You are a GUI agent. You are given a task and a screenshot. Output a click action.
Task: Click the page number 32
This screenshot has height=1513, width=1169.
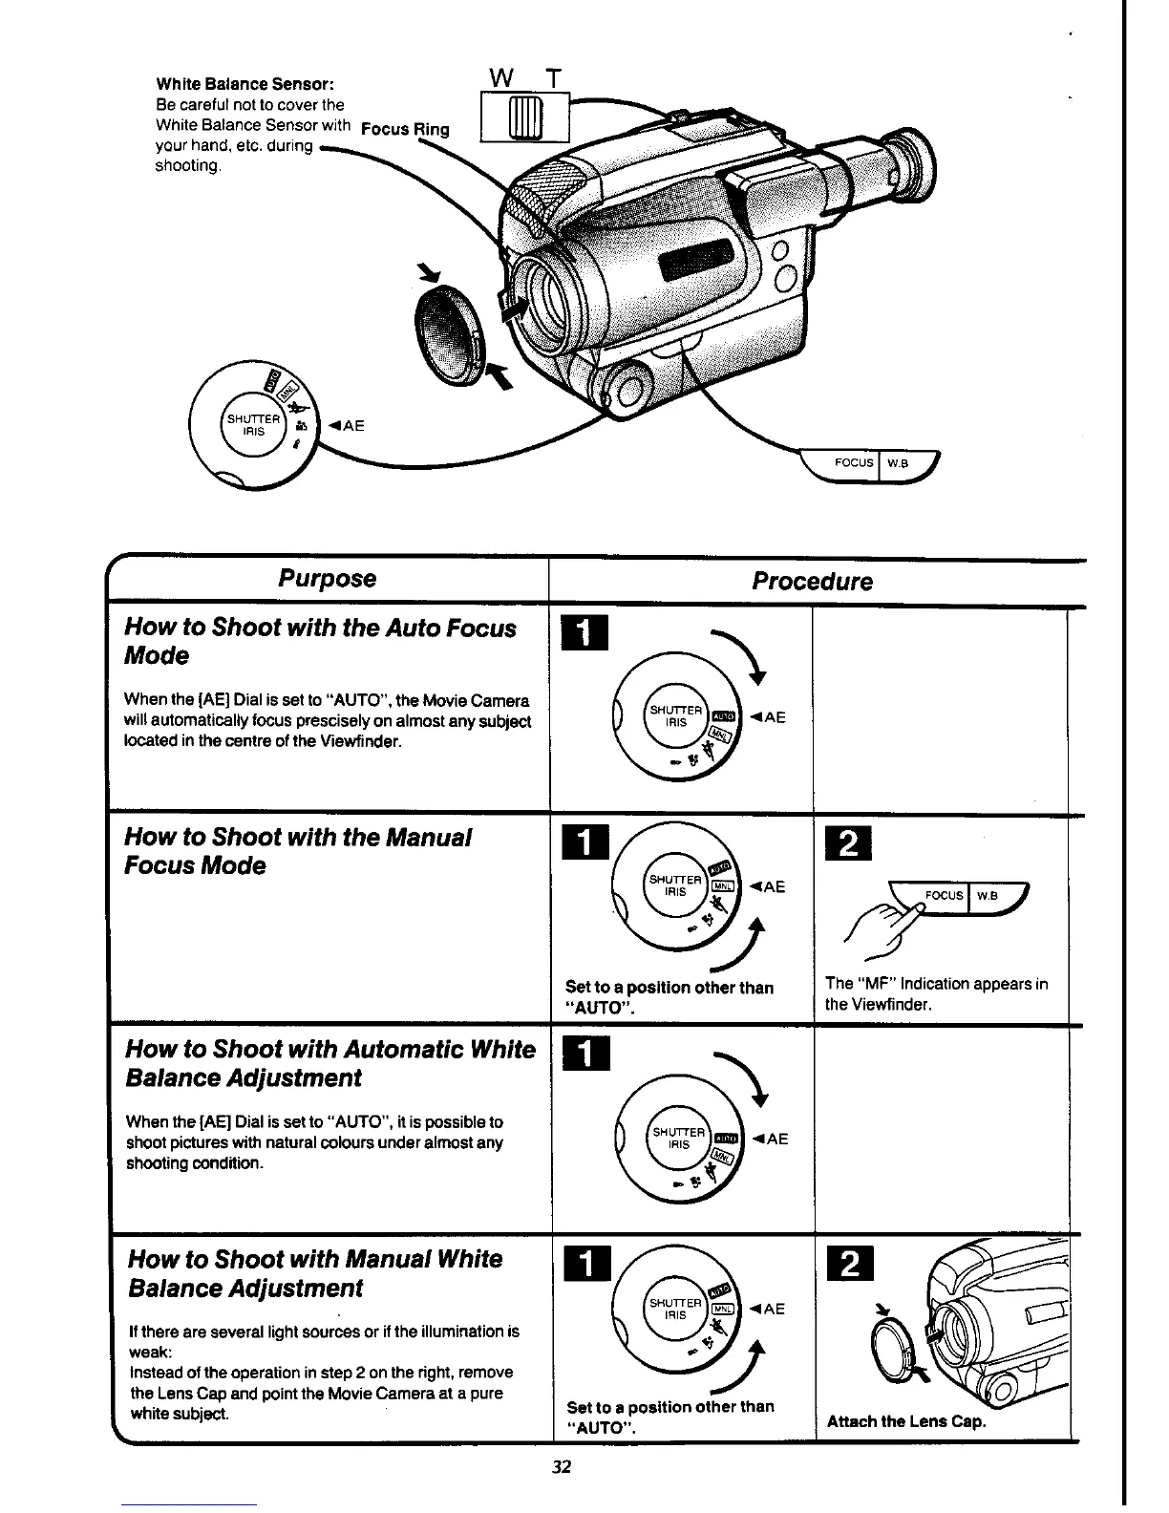(x=562, y=1467)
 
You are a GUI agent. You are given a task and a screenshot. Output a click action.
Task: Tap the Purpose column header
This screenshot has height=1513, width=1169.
(x=327, y=579)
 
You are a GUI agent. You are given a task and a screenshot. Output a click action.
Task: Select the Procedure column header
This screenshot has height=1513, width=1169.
(x=812, y=582)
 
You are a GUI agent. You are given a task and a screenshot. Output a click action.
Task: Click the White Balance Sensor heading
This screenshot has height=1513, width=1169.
(x=244, y=84)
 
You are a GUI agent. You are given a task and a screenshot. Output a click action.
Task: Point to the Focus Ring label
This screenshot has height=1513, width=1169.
(x=405, y=130)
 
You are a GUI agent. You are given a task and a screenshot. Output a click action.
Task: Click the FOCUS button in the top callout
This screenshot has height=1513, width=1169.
(x=853, y=463)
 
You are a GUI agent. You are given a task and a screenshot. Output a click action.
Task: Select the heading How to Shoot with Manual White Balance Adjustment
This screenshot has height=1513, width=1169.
(x=315, y=1273)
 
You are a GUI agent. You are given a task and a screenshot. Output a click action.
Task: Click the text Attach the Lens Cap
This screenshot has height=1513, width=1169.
(x=905, y=1421)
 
